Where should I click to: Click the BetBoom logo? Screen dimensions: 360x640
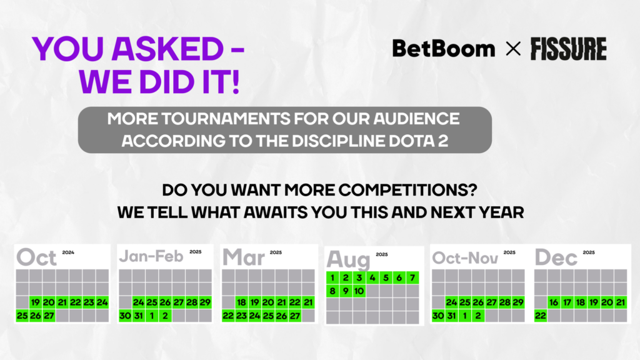click(443, 49)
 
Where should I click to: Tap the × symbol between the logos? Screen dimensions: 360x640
click(512, 49)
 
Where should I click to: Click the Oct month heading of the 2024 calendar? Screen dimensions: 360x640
click(36, 257)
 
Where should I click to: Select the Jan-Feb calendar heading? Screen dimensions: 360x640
click(150, 257)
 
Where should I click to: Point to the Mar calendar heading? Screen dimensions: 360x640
click(244, 257)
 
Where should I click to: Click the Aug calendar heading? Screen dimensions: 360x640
click(349, 259)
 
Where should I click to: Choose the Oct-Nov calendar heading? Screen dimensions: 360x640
click(464, 257)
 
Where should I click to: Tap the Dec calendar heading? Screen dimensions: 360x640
click(556, 257)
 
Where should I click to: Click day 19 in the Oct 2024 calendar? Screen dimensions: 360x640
click(36, 302)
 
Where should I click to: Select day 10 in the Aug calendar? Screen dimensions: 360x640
click(359, 291)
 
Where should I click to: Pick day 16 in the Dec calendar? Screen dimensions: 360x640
click(554, 302)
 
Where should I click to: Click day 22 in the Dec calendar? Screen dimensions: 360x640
click(541, 316)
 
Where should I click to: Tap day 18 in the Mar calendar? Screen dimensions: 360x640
click(241, 302)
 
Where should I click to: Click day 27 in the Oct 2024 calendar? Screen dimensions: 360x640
click(49, 316)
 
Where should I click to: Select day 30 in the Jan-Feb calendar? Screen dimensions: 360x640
click(124, 316)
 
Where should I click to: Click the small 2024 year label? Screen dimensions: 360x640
click(68, 252)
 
